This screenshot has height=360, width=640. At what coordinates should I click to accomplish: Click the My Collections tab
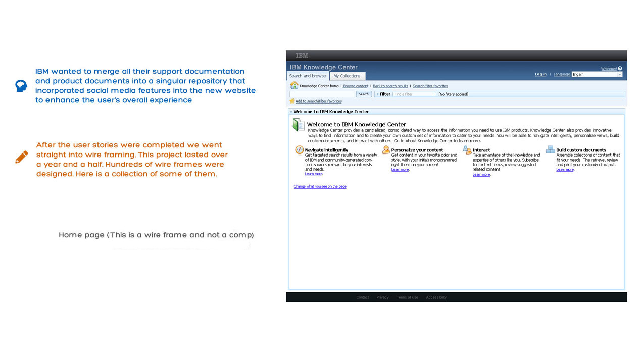[x=347, y=76]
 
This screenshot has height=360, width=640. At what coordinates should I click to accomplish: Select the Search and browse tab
[x=308, y=76]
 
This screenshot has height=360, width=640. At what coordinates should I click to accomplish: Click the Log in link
[x=540, y=74]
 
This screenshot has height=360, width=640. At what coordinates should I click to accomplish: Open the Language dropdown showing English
[x=597, y=74]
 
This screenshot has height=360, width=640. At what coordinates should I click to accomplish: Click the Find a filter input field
[x=414, y=94]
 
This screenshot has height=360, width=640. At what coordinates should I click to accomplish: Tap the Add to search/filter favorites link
[x=318, y=101]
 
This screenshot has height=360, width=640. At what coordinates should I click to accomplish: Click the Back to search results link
[x=390, y=86]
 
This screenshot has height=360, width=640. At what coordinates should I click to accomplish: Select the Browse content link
[x=356, y=86]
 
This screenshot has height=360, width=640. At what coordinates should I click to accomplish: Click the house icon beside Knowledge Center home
[x=294, y=86]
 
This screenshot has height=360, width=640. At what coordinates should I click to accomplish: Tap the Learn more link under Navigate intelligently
[x=314, y=174]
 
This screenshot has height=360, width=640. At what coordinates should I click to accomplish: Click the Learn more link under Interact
[x=481, y=175]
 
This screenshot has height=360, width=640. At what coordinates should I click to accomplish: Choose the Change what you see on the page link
[x=320, y=187]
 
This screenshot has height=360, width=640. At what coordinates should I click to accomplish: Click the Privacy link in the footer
[x=382, y=297]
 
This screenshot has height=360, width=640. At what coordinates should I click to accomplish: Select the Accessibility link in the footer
[x=436, y=297]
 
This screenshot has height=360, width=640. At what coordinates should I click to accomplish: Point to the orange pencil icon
[x=22, y=157]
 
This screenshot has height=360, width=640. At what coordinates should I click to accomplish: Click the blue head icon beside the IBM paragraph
[x=21, y=86]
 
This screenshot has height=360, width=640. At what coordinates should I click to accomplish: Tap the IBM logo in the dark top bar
[x=302, y=56]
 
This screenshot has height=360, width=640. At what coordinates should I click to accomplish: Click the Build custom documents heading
[x=581, y=150]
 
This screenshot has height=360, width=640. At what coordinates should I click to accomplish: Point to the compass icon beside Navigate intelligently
[x=300, y=150]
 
